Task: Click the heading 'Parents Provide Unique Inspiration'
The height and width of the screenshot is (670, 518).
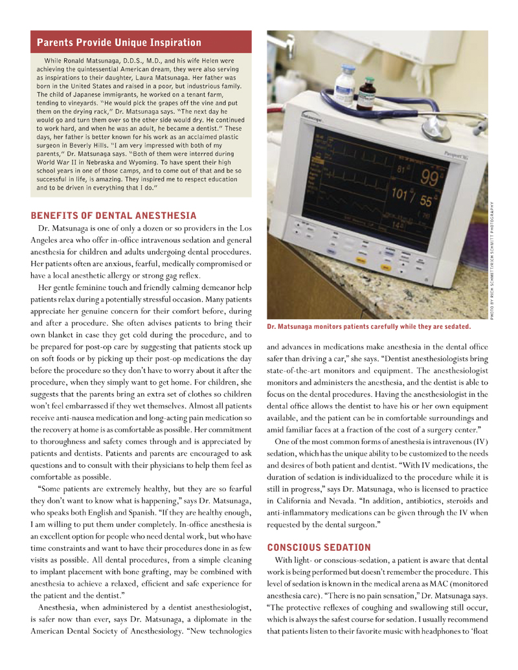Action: pos(119,43)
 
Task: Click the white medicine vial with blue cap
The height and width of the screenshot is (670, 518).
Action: pos(343,86)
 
